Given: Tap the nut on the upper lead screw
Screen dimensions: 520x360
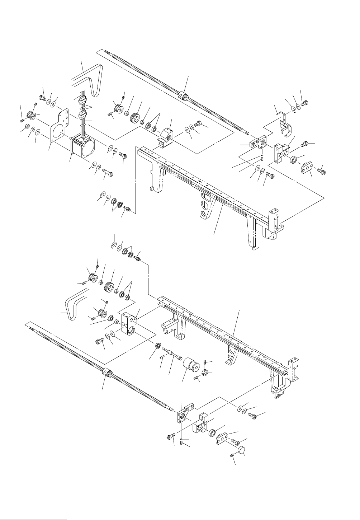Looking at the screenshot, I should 184,96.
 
